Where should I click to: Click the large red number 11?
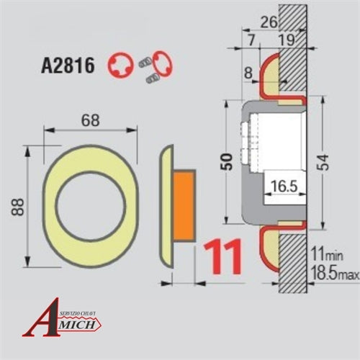(x=224, y=256)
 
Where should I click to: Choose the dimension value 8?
(x=249, y=72)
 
